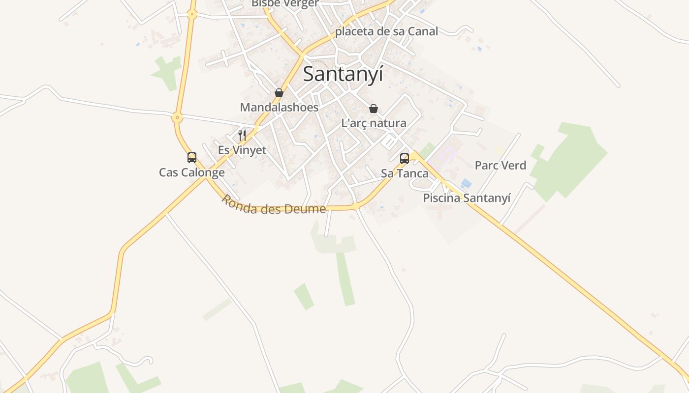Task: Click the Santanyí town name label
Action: [x=343, y=74]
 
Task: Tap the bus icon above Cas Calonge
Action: [x=192, y=158]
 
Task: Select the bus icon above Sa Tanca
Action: [x=405, y=158]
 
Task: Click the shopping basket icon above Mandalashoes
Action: [x=279, y=93]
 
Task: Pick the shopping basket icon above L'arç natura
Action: [x=374, y=109]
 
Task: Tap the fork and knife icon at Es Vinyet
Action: [x=242, y=136]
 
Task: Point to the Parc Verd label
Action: [x=500, y=166]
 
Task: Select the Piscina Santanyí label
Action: [x=467, y=198]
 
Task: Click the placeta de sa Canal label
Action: [x=386, y=31]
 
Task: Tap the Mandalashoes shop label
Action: [x=279, y=107]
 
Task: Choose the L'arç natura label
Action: [x=374, y=123]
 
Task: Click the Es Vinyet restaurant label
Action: [x=242, y=150]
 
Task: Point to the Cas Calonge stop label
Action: [x=191, y=172]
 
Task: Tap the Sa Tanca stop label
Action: [x=405, y=173]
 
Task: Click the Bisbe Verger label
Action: [x=285, y=3]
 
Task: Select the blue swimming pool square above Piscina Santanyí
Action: [x=466, y=184]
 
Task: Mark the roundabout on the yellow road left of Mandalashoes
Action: [x=177, y=117]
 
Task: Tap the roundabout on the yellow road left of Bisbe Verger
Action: [x=192, y=15]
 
